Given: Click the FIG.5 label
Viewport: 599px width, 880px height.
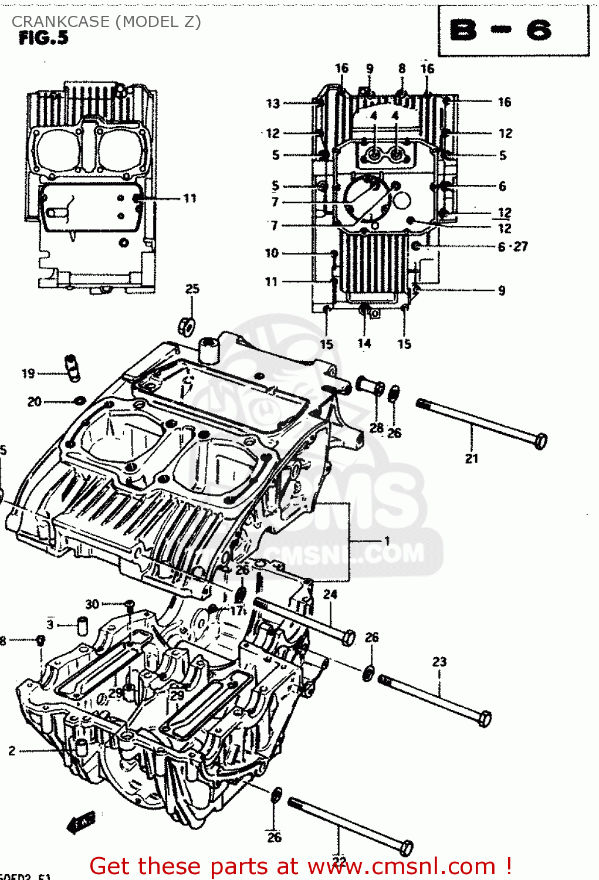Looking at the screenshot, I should point(43,38).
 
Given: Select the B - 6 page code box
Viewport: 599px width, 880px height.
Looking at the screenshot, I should point(513,31).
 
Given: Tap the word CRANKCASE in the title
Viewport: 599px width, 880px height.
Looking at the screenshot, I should point(60,22).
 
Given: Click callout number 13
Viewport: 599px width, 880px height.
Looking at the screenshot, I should point(273,104).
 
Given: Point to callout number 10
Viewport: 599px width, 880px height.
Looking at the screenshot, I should point(272,253).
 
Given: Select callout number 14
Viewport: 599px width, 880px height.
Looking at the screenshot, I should point(364,343).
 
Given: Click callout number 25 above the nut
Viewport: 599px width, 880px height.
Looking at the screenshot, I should point(192,289).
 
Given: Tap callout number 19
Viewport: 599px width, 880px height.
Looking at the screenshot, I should point(28,373).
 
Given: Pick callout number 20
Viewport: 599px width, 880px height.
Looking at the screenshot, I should point(35,402).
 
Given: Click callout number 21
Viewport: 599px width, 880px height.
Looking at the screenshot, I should point(472,459).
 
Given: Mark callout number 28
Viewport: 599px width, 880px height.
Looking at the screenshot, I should point(377,428).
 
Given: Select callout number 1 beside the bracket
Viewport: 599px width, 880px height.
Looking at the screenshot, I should point(387,540).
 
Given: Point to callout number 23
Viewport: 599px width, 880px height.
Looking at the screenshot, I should point(439,662).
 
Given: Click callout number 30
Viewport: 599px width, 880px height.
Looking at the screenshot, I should point(92,604).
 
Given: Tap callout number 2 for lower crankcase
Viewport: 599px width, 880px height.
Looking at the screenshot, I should point(12,750).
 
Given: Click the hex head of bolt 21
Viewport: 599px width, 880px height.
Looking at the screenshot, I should point(541,441).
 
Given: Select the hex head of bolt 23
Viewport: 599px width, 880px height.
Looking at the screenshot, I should point(485,719).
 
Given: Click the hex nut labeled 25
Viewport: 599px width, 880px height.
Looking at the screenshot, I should point(187,326).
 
